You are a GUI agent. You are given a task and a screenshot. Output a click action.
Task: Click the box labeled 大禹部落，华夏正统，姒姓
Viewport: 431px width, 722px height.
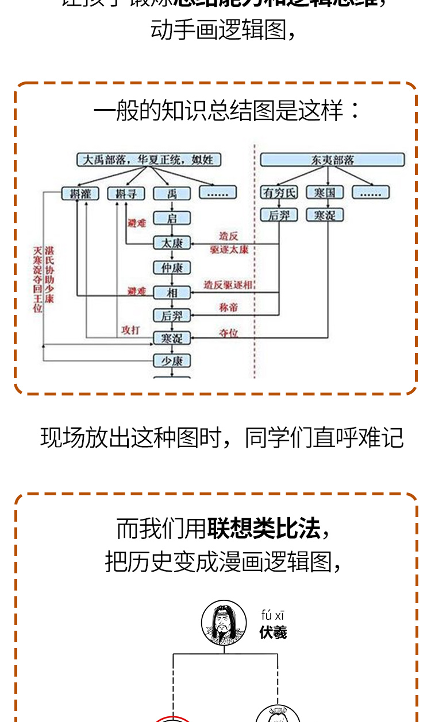(x=149, y=159)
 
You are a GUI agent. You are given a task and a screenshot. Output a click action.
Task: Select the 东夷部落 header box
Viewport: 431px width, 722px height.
(x=332, y=160)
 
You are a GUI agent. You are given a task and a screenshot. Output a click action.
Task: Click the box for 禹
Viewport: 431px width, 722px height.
(x=172, y=193)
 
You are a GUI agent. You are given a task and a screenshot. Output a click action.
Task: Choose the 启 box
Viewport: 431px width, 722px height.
(x=172, y=218)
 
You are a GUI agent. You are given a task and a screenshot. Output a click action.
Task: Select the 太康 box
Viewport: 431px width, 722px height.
(x=172, y=243)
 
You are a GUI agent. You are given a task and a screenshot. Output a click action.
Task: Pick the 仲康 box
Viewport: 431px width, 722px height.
(x=172, y=267)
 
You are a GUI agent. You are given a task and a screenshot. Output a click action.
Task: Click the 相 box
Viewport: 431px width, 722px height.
(x=172, y=292)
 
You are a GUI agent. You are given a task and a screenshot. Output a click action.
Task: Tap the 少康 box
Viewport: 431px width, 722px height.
(x=172, y=361)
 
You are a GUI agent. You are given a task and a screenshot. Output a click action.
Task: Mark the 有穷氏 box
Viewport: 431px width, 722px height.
(x=279, y=192)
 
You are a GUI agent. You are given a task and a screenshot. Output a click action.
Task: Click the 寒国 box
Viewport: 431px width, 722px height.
(x=325, y=192)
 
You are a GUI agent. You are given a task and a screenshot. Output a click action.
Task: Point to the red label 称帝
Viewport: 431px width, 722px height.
(x=228, y=308)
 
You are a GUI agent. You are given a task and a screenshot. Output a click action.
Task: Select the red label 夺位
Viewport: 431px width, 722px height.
(x=229, y=333)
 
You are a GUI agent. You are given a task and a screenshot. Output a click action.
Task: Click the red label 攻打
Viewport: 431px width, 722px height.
(x=130, y=330)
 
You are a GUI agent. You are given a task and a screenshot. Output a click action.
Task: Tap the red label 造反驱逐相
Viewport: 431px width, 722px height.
(x=228, y=285)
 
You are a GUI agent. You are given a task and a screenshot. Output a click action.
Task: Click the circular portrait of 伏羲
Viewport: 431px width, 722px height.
(x=220, y=623)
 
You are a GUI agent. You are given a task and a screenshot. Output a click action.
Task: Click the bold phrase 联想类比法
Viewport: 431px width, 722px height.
(x=264, y=529)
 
